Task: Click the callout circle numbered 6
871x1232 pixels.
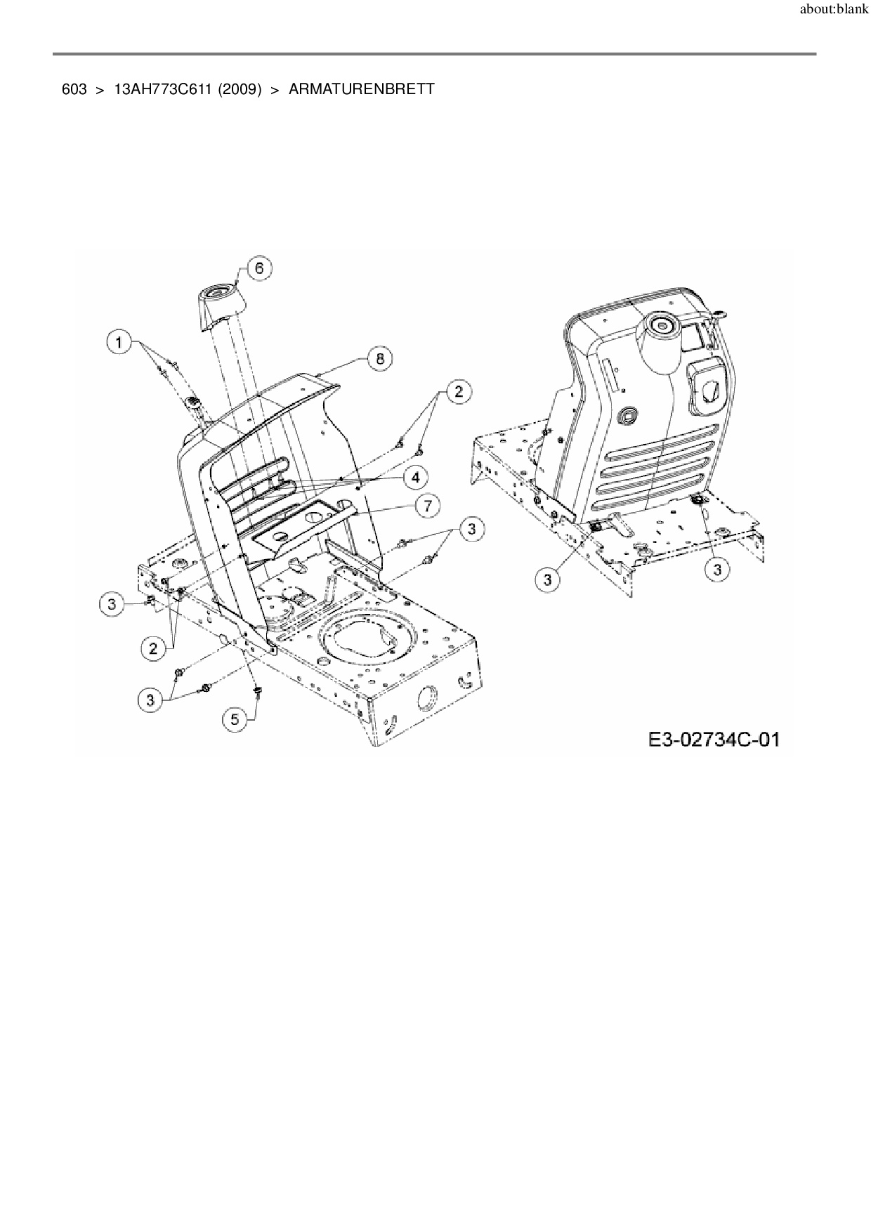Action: click(x=259, y=268)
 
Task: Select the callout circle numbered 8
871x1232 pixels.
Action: click(x=380, y=358)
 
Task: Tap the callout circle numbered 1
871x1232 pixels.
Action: click(x=119, y=343)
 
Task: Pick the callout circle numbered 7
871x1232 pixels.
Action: click(x=427, y=505)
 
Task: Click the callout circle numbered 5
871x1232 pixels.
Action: click(x=235, y=719)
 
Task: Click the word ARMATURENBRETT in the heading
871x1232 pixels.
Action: click(x=361, y=90)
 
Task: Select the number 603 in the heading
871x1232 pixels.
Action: click(x=74, y=90)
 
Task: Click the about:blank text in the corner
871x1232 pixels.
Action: click(x=834, y=10)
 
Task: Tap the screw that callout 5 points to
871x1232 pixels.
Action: click(x=257, y=693)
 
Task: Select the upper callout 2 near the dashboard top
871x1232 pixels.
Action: click(x=459, y=391)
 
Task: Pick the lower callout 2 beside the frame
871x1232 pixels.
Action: click(x=154, y=648)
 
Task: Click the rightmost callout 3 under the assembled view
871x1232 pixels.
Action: click(x=716, y=570)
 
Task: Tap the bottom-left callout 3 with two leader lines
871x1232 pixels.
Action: click(x=150, y=700)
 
